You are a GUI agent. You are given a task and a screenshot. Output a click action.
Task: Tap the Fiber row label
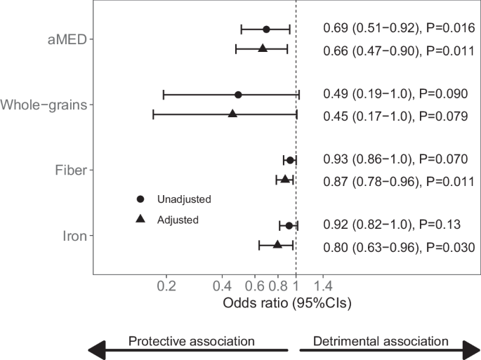click(71, 170)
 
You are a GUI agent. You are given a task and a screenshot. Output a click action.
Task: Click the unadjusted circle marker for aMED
click(266, 29)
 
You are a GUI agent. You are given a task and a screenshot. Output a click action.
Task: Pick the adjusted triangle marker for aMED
click(263, 48)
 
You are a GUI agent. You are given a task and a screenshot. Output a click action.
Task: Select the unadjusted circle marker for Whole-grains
click(238, 95)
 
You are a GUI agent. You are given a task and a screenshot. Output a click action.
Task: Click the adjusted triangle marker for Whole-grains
click(232, 113)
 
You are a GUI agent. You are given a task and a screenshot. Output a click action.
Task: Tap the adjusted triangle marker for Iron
click(277, 244)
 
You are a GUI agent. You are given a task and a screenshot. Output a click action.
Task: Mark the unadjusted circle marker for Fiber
click(289, 160)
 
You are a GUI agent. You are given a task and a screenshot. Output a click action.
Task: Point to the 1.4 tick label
click(323, 286)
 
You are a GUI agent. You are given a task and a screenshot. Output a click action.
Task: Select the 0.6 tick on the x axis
click(255, 286)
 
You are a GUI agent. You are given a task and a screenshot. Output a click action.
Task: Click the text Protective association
click(191, 341)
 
